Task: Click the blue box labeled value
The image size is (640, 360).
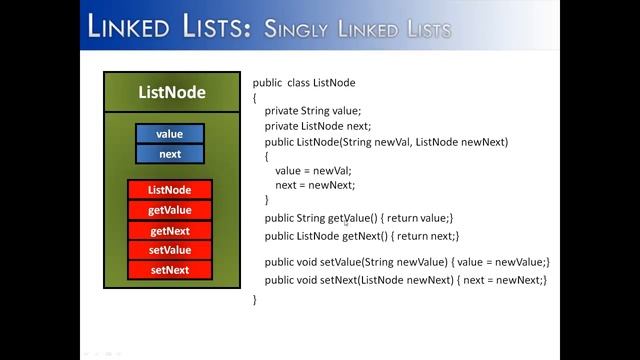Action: (x=169, y=134)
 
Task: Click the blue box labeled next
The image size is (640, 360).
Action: (x=169, y=154)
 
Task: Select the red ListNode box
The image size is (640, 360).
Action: (x=169, y=190)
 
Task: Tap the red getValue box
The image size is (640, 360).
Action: (x=169, y=210)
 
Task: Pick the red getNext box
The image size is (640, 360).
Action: (x=169, y=230)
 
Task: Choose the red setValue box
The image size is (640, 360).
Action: (x=169, y=250)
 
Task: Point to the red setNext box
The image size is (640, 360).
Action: (x=169, y=270)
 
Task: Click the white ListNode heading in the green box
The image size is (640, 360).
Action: (x=171, y=93)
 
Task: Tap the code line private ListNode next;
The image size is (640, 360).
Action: (x=318, y=126)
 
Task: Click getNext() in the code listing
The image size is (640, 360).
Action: (x=367, y=236)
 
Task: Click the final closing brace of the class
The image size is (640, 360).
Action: (x=255, y=299)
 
